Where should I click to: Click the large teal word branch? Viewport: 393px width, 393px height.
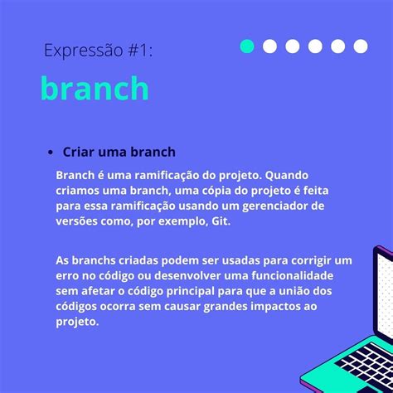coord(95,89)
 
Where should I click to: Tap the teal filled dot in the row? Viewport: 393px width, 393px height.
coord(247,46)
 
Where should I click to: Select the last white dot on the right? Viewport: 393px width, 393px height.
coord(360,46)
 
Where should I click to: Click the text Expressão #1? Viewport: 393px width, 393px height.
coord(98,51)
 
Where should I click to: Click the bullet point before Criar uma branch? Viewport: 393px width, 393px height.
coord(50,153)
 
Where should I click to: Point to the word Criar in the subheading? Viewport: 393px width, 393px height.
coord(78,153)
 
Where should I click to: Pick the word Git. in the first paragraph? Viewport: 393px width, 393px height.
coord(221,221)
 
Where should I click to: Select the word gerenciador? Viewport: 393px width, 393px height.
coord(288,206)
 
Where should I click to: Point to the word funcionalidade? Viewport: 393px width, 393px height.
coord(309,274)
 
